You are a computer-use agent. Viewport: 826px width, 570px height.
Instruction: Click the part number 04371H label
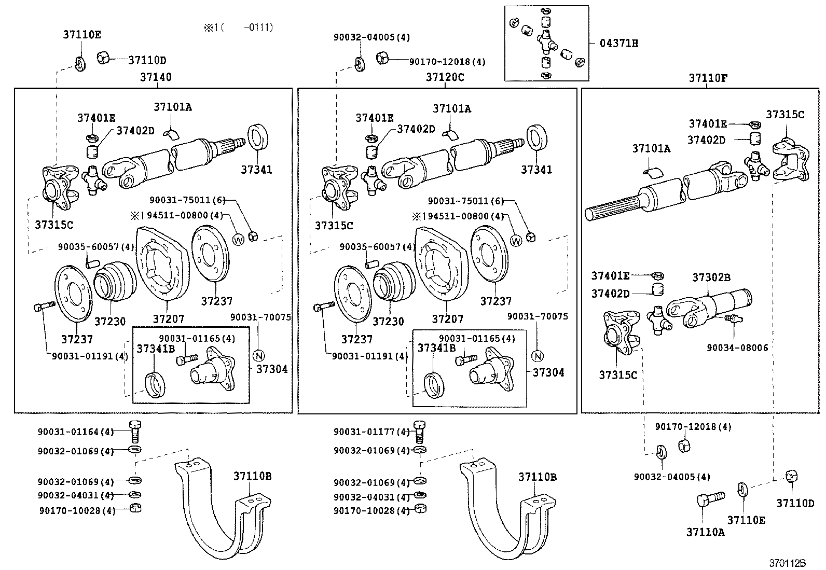coord(618,44)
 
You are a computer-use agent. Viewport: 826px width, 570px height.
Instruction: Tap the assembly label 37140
coord(156,77)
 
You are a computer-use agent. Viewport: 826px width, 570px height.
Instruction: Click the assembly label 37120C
coord(445,77)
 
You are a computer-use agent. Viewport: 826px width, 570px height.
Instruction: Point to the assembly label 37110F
coord(708,78)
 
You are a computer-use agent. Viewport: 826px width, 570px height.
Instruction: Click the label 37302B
coord(711,277)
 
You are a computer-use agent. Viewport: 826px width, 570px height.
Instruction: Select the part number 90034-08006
coord(737,348)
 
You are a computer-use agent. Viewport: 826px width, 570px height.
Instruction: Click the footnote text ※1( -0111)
coord(238,27)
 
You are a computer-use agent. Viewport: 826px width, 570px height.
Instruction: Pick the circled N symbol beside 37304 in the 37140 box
coord(258,356)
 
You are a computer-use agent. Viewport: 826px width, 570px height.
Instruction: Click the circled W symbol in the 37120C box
coord(516,241)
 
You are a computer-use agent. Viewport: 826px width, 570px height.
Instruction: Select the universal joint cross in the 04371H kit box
coord(545,40)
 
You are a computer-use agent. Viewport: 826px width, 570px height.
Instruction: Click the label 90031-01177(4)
coord(371,432)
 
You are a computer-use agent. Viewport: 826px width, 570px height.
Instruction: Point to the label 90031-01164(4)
coord(75,432)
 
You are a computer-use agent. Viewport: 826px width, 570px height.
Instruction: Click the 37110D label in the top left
coord(147,60)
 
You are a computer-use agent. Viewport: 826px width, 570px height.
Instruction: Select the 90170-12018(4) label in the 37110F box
coord(693,427)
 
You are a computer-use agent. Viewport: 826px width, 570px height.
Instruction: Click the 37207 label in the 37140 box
coord(168,319)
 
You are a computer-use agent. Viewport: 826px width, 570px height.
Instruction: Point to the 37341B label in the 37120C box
coord(437,348)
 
